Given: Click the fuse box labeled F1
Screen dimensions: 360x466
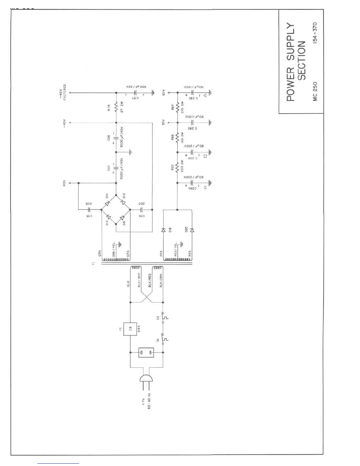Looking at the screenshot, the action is (130, 329).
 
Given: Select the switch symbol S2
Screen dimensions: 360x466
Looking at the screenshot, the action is (163, 317).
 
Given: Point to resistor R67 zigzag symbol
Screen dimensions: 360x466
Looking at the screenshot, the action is (177, 108).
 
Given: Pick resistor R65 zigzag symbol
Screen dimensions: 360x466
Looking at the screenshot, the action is (177, 168).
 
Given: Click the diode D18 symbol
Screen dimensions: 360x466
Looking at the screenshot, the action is (163, 230).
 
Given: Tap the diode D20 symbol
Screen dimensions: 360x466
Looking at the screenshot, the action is (192, 230).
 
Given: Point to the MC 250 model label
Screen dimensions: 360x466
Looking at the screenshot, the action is (315, 91).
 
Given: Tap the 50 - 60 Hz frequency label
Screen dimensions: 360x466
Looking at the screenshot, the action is (149, 401).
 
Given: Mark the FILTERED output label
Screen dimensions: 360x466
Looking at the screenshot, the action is (65, 92).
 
